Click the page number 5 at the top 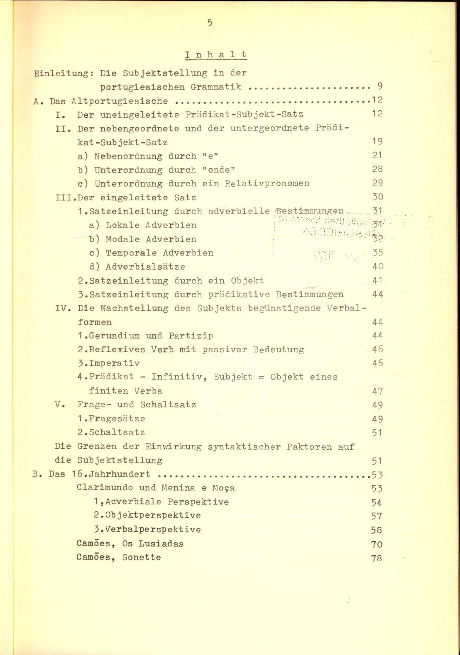(210, 23)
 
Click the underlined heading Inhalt (216, 55)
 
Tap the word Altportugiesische (120, 101)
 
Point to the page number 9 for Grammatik (380, 86)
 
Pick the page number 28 (377, 169)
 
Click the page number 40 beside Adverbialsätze (378, 267)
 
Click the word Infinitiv (180, 377)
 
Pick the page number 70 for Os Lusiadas (377, 544)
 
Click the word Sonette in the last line (141, 558)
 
